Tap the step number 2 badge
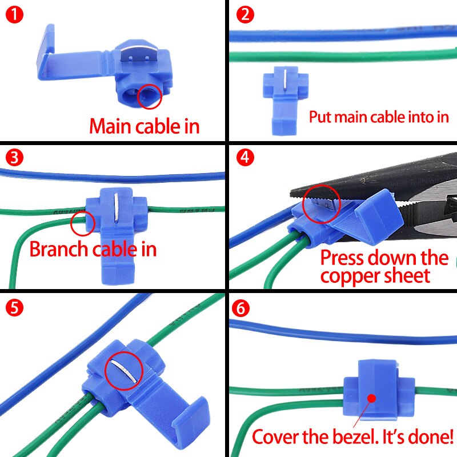[244, 15]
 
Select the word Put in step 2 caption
[320, 118]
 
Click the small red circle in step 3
[82, 223]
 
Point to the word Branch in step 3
[57, 249]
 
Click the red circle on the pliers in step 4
[322, 203]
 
